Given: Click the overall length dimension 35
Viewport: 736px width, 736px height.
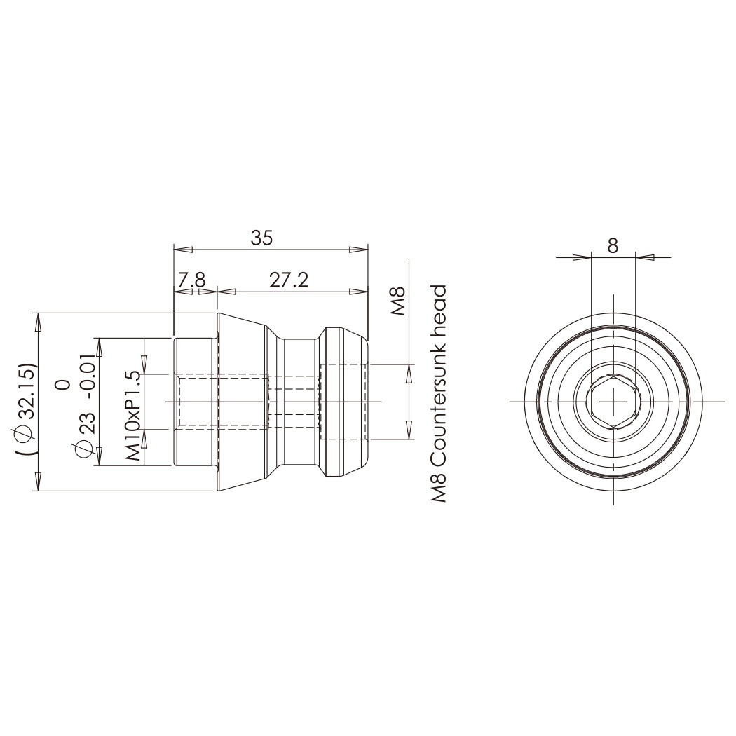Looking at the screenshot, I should pyautogui.click(x=261, y=238).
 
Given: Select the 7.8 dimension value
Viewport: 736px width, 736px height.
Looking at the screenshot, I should pyautogui.click(x=191, y=280).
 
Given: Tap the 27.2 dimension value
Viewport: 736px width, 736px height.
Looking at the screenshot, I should pyautogui.click(x=289, y=280).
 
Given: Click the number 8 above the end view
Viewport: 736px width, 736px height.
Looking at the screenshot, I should pyautogui.click(x=613, y=245).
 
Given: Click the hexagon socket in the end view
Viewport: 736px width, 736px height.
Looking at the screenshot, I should pyautogui.click(x=613, y=402).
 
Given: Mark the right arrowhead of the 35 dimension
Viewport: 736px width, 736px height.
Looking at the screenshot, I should pyautogui.click(x=359, y=249).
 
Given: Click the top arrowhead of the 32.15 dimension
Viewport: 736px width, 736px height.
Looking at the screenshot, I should pyautogui.click(x=39, y=321).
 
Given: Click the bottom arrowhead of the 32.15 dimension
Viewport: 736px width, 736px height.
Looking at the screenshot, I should pyautogui.click(x=39, y=482).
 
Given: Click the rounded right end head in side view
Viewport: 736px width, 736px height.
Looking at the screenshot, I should pyautogui.click(x=343, y=402).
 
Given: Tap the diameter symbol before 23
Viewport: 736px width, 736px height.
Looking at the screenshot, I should pyautogui.click(x=86, y=449).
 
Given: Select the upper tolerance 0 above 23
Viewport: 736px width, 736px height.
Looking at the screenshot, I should pyautogui.click(x=65, y=383).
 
